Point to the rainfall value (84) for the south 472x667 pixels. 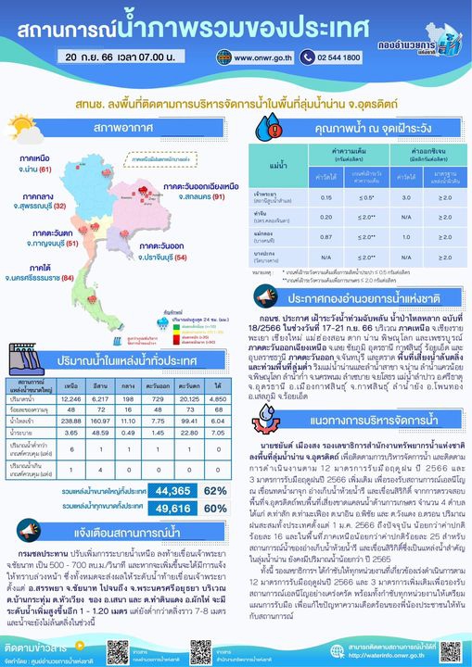click(68, 278)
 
